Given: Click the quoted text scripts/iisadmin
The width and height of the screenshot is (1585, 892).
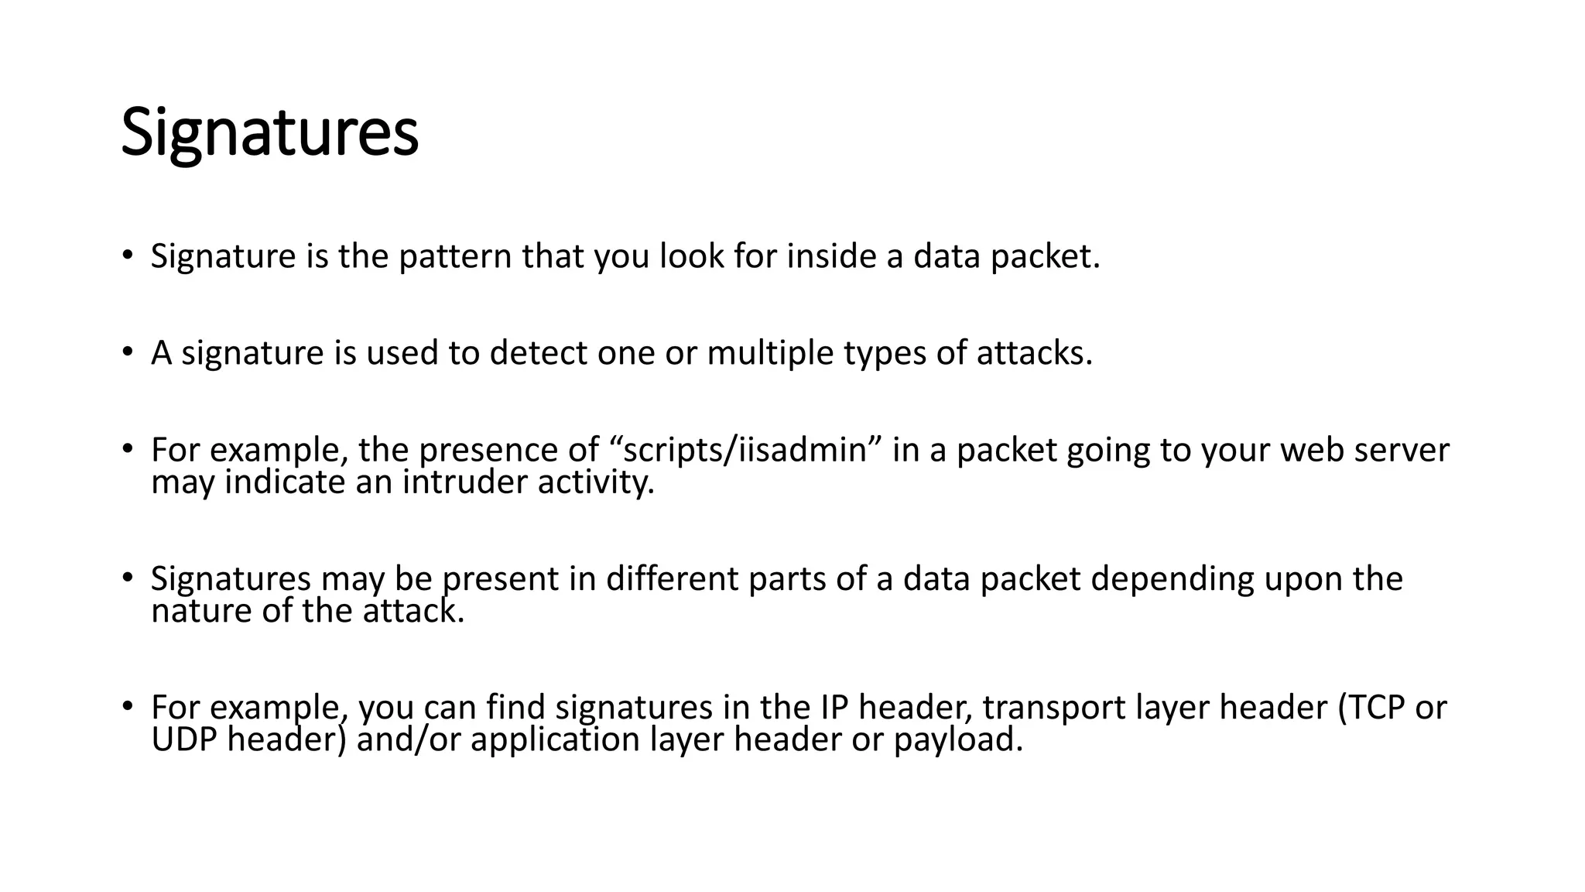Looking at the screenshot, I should point(744,450).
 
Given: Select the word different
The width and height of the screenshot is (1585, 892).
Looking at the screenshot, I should point(672,578).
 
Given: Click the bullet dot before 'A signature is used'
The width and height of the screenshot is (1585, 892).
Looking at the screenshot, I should point(128,352).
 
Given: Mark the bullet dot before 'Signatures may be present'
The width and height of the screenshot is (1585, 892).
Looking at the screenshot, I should point(128,577).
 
